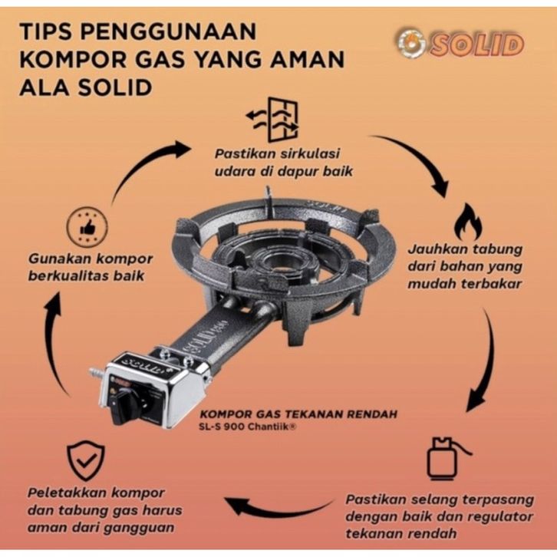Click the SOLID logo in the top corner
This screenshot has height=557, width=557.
tap(460, 44)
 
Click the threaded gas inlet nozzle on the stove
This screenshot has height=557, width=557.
tap(95, 375)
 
